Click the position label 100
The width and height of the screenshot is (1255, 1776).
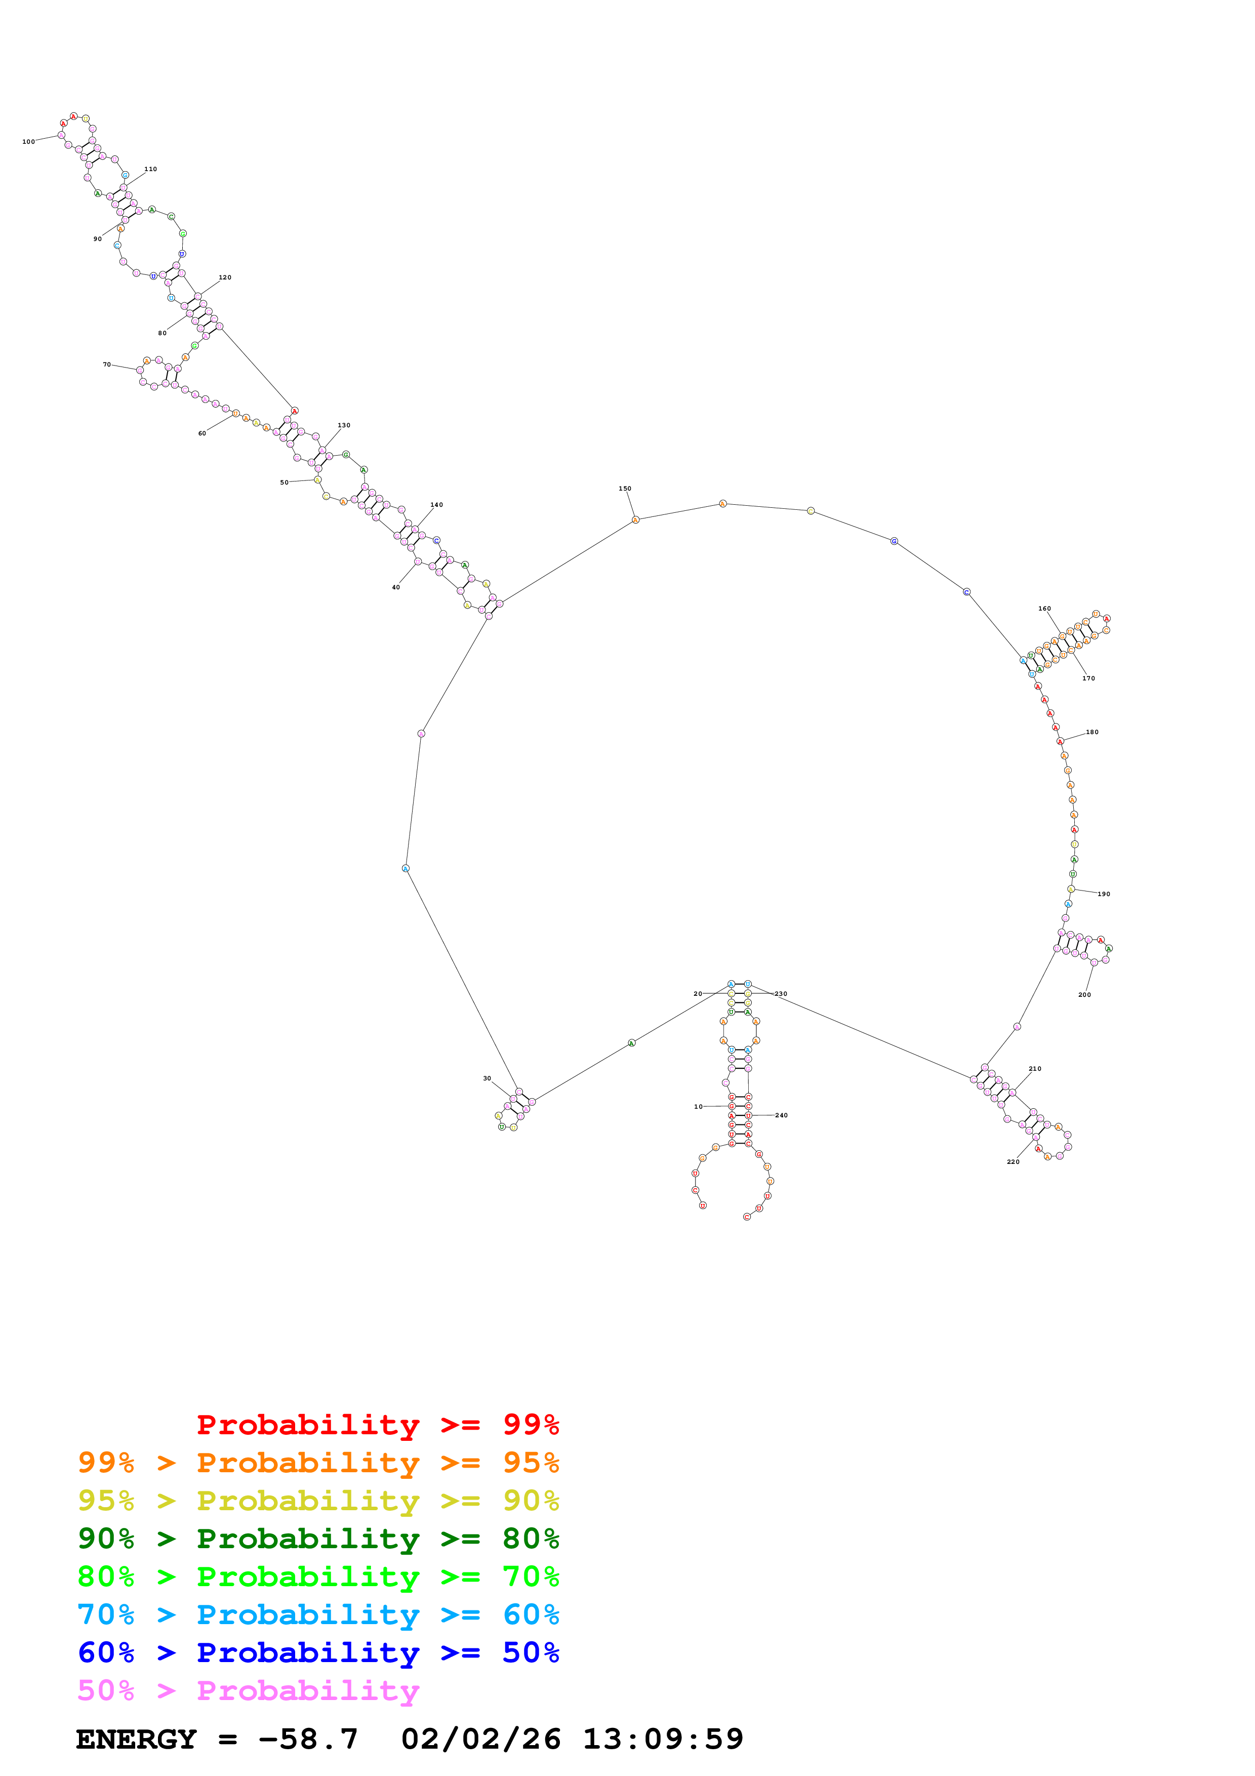coord(29,142)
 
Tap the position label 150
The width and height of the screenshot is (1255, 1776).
coord(625,489)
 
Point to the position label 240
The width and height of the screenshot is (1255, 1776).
coord(781,1115)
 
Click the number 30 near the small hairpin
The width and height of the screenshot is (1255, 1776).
coord(487,1078)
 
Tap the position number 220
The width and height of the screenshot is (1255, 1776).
coord(1013,1162)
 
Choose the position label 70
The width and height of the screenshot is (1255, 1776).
coord(107,365)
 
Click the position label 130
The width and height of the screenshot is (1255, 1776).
coord(344,425)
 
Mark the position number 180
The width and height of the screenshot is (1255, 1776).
coord(1092,732)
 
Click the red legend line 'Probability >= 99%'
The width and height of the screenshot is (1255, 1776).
coord(377,1425)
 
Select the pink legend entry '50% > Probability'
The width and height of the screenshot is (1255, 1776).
coord(248,1691)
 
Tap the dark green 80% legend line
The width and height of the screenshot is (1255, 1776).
coord(318,1539)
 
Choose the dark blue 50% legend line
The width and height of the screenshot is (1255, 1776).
coord(318,1652)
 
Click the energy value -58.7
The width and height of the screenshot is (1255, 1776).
coord(308,1740)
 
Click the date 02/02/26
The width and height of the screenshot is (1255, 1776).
coord(480,1740)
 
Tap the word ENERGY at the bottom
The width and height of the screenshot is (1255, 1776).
coord(136,1740)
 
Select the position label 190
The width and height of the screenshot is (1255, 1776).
coord(1104,894)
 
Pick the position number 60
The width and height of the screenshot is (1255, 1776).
coord(202,434)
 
